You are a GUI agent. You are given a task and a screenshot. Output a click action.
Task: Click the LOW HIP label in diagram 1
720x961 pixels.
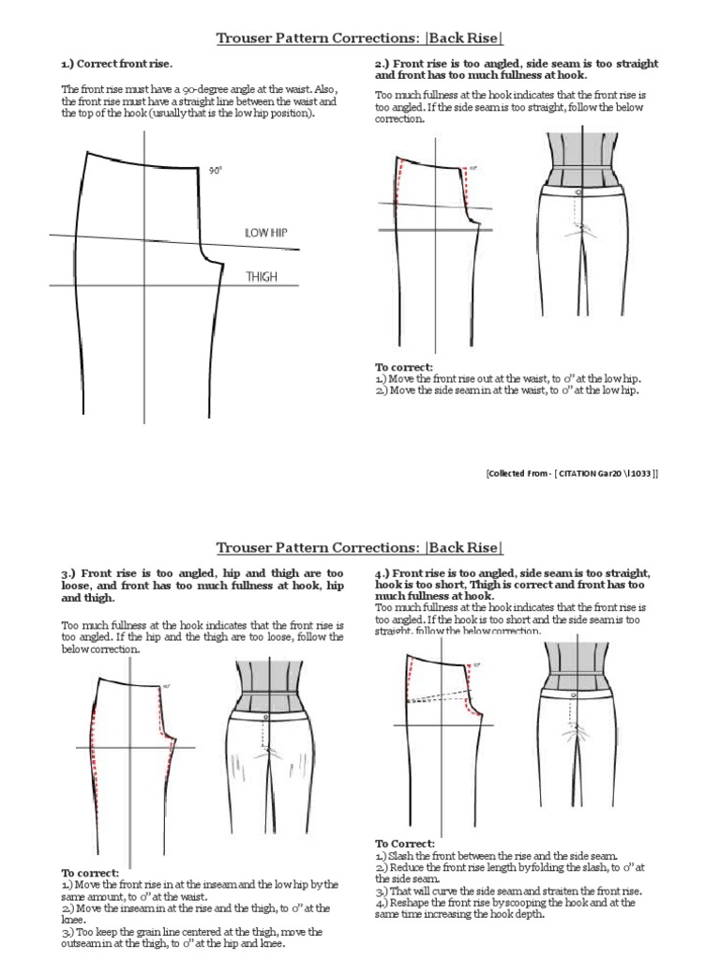click(x=265, y=232)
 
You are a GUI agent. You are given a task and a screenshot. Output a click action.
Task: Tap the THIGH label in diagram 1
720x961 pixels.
click(x=262, y=277)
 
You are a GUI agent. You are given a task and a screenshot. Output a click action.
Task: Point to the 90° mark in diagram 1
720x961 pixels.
click(x=215, y=171)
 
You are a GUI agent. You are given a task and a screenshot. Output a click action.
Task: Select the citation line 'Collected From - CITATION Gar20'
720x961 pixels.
click(x=572, y=474)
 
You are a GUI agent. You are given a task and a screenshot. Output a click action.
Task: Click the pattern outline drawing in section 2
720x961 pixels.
click(x=431, y=235)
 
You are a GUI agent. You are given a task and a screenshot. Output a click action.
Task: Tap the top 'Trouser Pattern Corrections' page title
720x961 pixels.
click(x=360, y=38)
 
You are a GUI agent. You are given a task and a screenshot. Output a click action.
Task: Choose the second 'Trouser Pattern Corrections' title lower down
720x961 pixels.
click(x=360, y=547)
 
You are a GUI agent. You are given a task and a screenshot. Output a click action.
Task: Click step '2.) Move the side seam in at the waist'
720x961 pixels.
click(x=506, y=390)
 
